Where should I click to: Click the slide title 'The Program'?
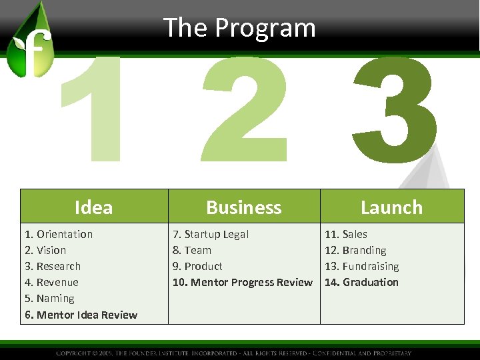point(239,28)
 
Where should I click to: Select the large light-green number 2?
point(245,110)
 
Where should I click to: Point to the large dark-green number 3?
point(395,110)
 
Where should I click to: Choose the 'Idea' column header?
point(93,207)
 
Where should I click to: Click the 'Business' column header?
point(244,207)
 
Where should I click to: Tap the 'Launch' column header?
point(391,207)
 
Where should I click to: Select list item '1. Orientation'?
point(59,234)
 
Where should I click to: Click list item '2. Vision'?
point(45,250)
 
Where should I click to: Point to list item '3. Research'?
point(53,266)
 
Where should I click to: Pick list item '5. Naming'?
point(49,298)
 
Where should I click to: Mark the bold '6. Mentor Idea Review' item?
point(81,315)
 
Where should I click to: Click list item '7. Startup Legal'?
point(211,234)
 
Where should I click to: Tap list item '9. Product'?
point(197,266)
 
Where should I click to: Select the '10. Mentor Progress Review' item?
point(242,282)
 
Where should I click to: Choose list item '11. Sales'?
point(345,234)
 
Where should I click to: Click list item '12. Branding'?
point(355,250)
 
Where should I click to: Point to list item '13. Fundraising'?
point(361,266)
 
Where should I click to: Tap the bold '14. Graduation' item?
point(361,282)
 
